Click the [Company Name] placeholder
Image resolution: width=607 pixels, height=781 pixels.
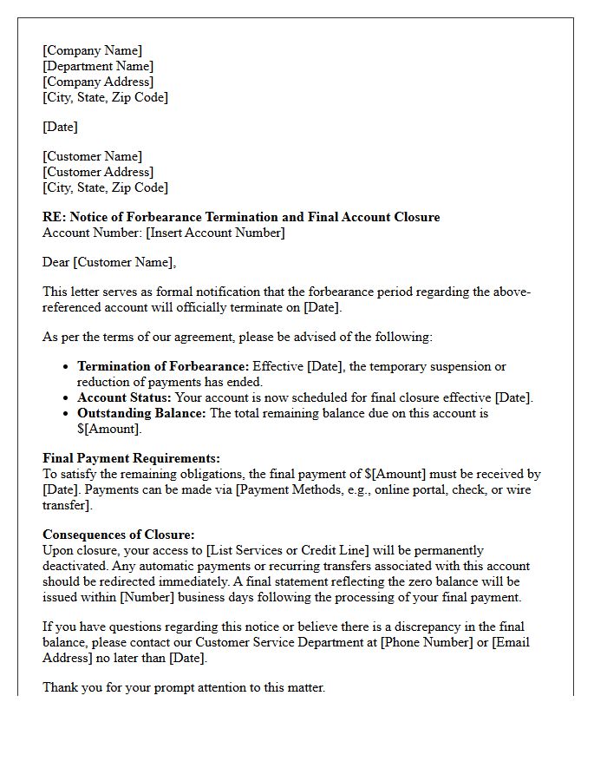point(92,50)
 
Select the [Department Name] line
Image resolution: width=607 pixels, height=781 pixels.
point(98,66)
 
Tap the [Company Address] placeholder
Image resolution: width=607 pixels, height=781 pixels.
point(98,82)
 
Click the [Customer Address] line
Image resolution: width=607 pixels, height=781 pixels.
point(98,172)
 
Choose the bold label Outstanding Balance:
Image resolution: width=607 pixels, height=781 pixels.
point(142,413)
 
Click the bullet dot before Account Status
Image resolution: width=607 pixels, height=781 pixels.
point(66,398)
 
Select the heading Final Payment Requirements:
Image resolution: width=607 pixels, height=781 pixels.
point(131,458)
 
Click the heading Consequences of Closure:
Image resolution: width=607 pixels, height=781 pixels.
point(119,535)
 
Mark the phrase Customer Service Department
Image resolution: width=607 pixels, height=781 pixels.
point(278,642)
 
